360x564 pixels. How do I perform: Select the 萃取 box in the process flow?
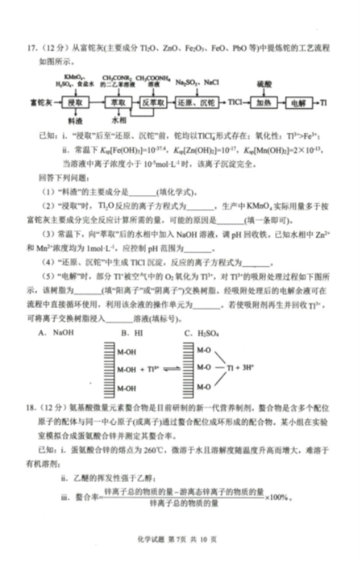tap(117, 103)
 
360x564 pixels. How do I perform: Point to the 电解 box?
tap(298, 103)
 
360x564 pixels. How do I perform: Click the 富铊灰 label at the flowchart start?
tap(43, 103)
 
